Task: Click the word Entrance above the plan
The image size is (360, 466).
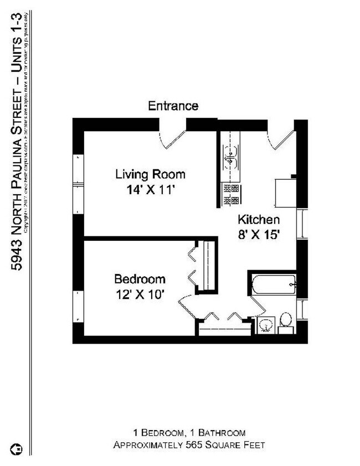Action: coord(173,106)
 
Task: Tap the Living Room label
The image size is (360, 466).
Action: coord(150,174)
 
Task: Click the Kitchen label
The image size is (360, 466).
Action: coord(259,219)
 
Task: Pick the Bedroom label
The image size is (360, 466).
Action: coord(140,278)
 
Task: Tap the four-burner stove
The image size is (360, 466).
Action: coord(230,194)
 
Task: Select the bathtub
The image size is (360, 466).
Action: coord(272,284)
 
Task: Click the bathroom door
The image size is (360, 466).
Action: coord(255,304)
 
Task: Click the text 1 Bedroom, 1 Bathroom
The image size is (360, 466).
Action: coord(189,432)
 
